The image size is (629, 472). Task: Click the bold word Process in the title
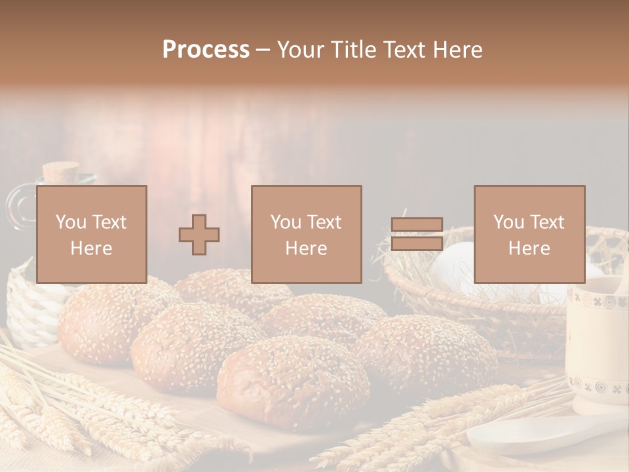click(x=206, y=50)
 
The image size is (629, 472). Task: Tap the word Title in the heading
click(x=352, y=50)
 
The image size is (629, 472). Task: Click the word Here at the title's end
click(x=458, y=50)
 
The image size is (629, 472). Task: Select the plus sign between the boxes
click(x=199, y=235)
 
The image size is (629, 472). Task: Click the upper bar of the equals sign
click(x=417, y=225)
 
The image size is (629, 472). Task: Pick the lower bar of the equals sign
click(x=417, y=243)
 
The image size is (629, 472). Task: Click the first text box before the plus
click(x=91, y=234)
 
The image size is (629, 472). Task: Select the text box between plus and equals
click(x=306, y=234)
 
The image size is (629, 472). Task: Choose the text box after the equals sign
click(x=529, y=234)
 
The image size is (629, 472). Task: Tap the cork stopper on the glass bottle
click(x=61, y=172)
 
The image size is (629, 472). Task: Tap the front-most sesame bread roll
click(x=293, y=383)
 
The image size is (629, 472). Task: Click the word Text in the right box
click(x=547, y=222)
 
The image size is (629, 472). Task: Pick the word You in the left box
click(x=71, y=222)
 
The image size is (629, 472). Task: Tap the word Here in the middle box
click(x=306, y=248)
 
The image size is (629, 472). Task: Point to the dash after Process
click(x=263, y=50)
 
